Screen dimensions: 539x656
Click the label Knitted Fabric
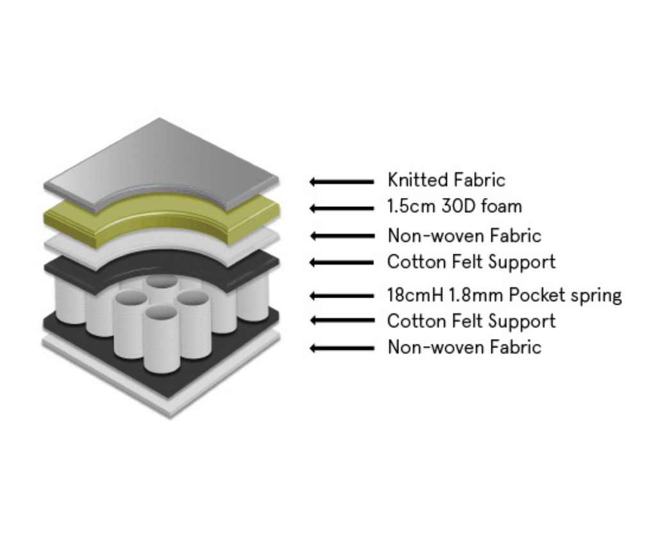tap(446, 180)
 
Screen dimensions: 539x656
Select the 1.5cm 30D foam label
tap(455, 206)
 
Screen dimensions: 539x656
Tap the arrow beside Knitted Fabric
tap(341, 181)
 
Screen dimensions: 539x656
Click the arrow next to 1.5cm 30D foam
tap(341, 208)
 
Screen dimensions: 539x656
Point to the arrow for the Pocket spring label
tap(341, 296)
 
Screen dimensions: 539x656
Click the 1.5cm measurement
tap(411, 206)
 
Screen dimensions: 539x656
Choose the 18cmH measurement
tap(416, 295)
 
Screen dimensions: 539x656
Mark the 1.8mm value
tap(480, 295)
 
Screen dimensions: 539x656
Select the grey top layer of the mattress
tap(160, 160)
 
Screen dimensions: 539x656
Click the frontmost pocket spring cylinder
tap(161, 343)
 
